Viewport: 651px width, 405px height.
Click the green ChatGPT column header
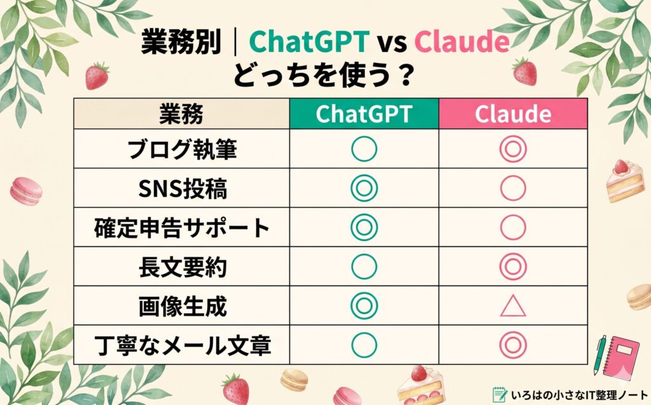[364, 114]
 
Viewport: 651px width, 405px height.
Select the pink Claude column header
[513, 114]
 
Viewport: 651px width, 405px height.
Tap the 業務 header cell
[181, 114]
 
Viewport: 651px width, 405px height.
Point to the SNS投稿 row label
[181, 188]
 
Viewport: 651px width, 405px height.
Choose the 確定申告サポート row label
[181, 228]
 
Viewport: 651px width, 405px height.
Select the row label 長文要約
[181, 267]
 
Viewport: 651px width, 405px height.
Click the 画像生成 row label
[181, 306]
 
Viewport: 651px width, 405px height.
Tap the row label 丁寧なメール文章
[181, 345]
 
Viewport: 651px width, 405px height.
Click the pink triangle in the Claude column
[513, 306]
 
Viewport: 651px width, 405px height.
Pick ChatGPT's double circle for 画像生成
[364, 306]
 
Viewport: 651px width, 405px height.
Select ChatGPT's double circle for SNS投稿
[364, 188]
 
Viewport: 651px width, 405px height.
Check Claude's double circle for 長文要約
[513, 267]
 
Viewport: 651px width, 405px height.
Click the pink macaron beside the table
[26, 189]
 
